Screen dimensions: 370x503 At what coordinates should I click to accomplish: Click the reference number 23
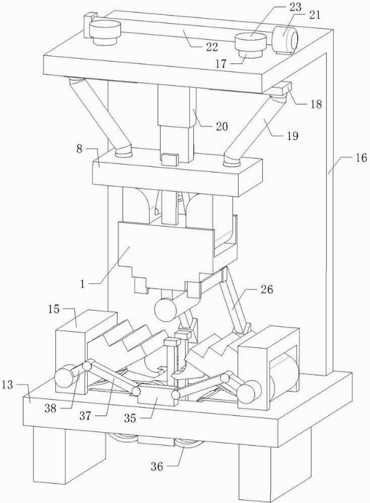click(296, 7)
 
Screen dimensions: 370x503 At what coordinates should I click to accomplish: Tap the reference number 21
click(315, 15)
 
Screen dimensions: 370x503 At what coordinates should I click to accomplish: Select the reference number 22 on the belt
click(212, 47)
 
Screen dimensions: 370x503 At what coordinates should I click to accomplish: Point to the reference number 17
click(221, 63)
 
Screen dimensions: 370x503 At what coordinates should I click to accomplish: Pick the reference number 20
click(221, 126)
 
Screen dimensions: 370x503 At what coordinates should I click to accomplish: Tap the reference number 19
click(292, 136)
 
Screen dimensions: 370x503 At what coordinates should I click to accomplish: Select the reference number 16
click(361, 158)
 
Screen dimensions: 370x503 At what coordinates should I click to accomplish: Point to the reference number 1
click(83, 284)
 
